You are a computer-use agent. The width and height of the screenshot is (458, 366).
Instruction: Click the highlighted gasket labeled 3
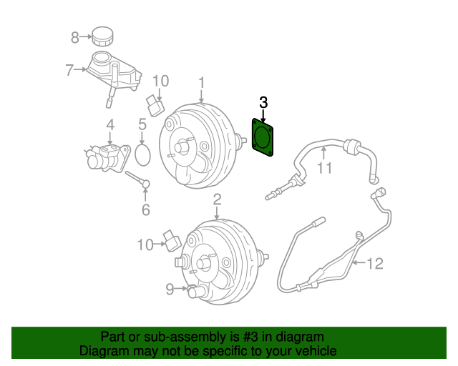[263, 136]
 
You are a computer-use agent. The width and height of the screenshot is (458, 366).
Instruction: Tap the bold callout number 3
[263, 102]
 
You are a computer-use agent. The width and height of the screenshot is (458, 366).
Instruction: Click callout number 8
[74, 36]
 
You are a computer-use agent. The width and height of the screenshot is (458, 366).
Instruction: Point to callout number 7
[69, 70]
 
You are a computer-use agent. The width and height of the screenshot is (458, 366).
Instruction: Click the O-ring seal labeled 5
[142, 153]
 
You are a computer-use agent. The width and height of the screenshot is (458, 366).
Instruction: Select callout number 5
[142, 124]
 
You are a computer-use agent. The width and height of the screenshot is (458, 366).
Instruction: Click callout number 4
[110, 125]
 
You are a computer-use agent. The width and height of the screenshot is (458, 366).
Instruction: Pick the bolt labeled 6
[137, 179]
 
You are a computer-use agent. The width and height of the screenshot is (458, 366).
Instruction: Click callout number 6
[145, 209]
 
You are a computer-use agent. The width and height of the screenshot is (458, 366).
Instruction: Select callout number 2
[217, 199]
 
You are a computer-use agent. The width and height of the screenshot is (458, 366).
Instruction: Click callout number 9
[169, 289]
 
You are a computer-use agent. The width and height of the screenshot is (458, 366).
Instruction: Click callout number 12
[375, 264]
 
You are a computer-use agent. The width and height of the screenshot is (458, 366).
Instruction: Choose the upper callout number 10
[160, 80]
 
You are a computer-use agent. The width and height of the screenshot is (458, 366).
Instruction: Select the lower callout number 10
[145, 245]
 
